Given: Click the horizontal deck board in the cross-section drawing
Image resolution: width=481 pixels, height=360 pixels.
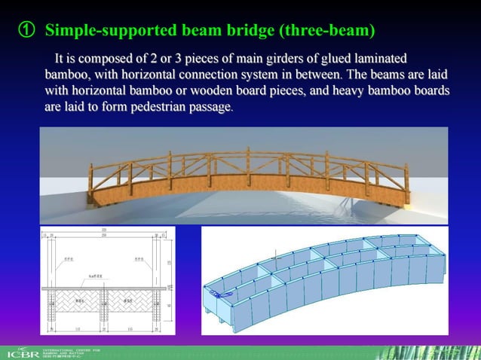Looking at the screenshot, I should click(106, 287).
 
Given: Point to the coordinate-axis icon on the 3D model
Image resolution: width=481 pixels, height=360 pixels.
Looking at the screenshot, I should click(219, 294).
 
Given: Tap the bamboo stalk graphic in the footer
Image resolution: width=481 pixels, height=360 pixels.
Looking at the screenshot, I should click(445, 350).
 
